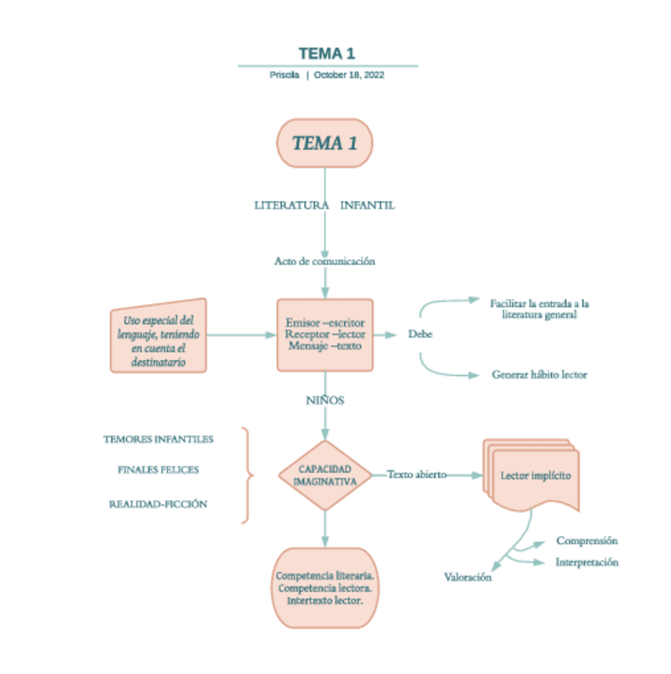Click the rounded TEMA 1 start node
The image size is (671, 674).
(x=324, y=143)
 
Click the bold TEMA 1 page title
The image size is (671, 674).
(x=327, y=53)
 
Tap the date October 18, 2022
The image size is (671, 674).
(x=349, y=75)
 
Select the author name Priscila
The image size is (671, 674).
(x=284, y=75)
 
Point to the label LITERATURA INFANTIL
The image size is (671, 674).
(x=324, y=205)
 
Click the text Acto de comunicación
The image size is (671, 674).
(x=324, y=261)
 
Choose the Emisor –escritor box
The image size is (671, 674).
(x=325, y=335)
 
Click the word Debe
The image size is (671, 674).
(x=420, y=335)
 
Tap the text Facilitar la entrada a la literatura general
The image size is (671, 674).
(x=539, y=308)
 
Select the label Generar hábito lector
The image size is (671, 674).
(x=539, y=374)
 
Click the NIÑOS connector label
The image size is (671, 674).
(x=325, y=401)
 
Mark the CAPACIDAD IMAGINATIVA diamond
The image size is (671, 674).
(x=325, y=475)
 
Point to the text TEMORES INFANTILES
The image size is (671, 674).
(x=158, y=439)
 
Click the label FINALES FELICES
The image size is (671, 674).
(x=158, y=470)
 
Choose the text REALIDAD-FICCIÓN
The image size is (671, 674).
(x=158, y=504)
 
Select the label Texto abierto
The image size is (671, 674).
(x=417, y=475)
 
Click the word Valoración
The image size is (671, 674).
(x=467, y=578)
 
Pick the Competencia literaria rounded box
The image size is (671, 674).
(x=325, y=588)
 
